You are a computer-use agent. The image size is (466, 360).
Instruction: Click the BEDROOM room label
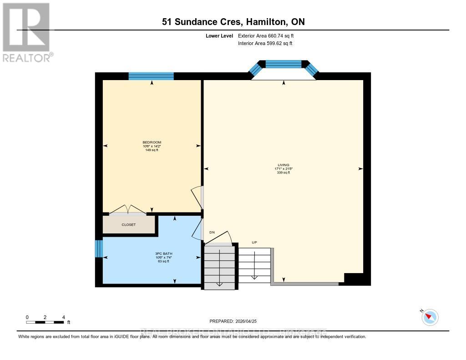(x=152, y=142)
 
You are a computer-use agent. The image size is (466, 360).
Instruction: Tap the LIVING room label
(x=284, y=165)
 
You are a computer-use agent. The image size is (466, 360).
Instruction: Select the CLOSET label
(x=128, y=224)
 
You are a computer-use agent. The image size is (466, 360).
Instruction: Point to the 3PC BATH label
(x=164, y=254)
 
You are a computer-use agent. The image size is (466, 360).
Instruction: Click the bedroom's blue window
(x=151, y=76)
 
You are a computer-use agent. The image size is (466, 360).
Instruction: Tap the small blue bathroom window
(x=99, y=248)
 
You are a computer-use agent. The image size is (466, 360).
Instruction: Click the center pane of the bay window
(x=284, y=64)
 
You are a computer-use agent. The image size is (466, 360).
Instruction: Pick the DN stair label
(x=212, y=233)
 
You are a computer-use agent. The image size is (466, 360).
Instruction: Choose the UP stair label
(x=254, y=242)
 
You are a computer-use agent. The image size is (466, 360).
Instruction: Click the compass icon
(x=430, y=317)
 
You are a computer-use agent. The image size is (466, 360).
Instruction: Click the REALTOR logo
(x=26, y=32)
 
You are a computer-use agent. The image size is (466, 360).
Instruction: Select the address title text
(x=233, y=22)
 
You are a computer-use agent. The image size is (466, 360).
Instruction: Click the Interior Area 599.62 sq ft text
(x=265, y=44)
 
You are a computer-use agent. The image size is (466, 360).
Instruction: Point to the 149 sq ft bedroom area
(x=152, y=150)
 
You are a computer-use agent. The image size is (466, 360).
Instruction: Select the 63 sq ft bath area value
(x=164, y=261)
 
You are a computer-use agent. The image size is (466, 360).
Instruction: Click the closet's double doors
(x=128, y=210)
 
